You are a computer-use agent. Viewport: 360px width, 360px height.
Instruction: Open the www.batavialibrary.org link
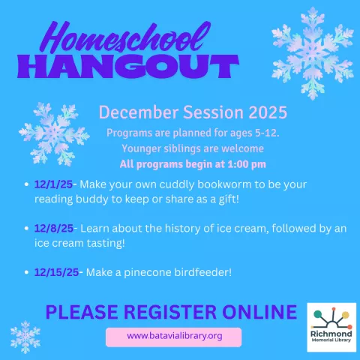[x=174, y=336]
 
